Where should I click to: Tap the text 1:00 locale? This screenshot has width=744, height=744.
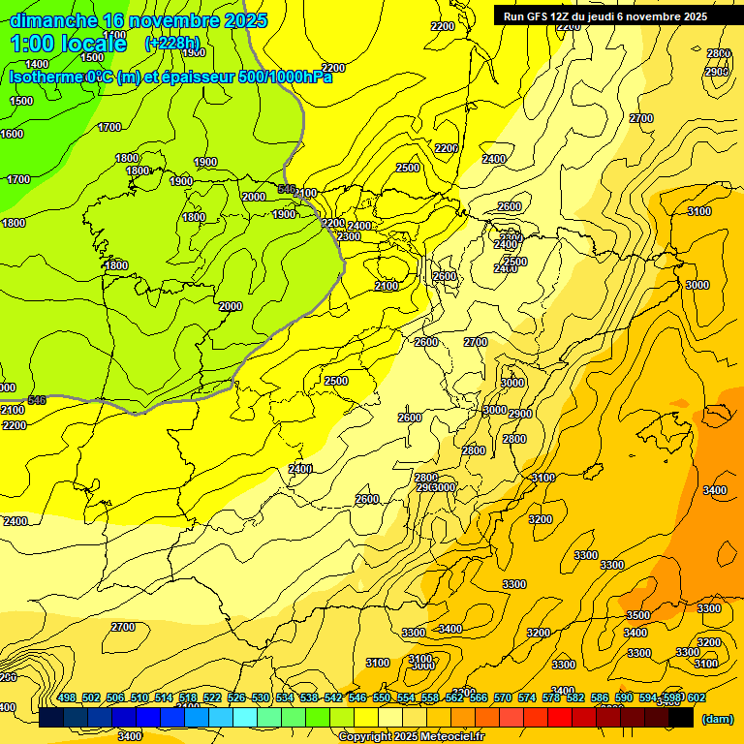click(69, 44)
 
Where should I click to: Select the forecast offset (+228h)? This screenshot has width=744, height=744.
click(171, 43)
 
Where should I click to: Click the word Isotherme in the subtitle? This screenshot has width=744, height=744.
click(45, 77)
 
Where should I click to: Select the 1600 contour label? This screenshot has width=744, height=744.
click(12, 134)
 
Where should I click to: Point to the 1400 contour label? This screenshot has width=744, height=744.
click(38, 64)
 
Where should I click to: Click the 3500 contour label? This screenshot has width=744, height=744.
click(637, 615)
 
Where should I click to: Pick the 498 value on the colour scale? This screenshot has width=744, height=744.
click(67, 698)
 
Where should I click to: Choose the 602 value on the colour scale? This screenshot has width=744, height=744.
click(697, 698)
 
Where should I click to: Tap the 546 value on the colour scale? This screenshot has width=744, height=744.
click(356, 698)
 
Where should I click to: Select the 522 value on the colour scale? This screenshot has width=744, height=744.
click(212, 698)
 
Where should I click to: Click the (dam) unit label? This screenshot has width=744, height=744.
click(717, 719)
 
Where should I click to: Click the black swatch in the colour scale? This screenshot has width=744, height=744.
click(681, 718)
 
